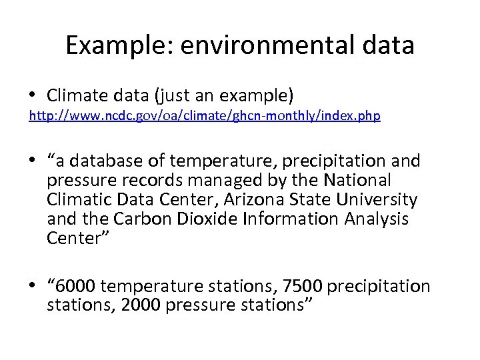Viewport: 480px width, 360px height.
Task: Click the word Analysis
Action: click(x=374, y=218)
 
